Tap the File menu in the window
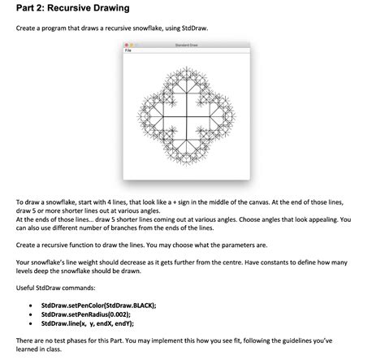click(128, 50)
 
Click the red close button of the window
click(126, 45)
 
